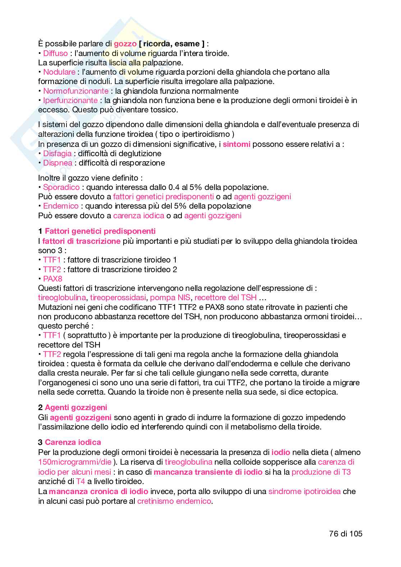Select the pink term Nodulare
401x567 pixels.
pyautogui.click(x=59, y=72)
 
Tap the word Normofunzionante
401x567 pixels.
pyautogui.click(x=75, y=91)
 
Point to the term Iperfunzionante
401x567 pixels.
pyautogui.click(x=70, y=100)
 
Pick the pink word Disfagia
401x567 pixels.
pyautogui.click(x=57, y=153)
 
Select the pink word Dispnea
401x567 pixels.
pyautogui.click(x=57, y=163)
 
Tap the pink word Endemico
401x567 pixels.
pyautogui.click(x=61, y=206)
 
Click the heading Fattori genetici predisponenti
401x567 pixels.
pyautogui.click(x=100, y=231)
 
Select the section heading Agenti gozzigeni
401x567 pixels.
pyautogui.click(x=76, y=407)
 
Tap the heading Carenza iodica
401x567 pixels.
pyautogui.click(x=73, y=442)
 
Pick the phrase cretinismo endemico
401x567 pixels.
pyautogui.click(x=174, y=501)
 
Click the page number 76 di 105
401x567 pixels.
pyautogui.click(x=345, y=534)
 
